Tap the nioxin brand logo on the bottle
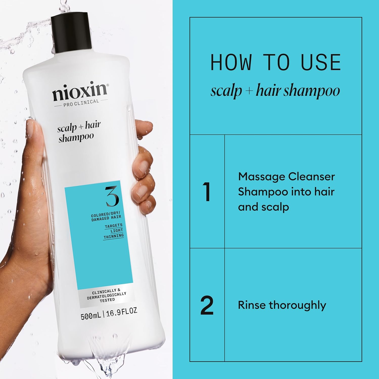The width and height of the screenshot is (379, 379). click(x=80, y=91)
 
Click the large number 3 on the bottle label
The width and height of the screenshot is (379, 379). click(x=112, y=196)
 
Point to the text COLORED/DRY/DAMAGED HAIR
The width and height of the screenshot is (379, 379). click(x=106, y=217)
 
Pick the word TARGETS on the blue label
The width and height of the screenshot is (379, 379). click(x=113, y=226)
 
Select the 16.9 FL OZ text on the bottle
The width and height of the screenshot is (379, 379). click(x=122, y=312)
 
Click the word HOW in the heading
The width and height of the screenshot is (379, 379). click(x=231, y=62)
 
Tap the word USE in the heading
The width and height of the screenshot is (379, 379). click(x=321, y=62)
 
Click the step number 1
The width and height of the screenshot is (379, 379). click(x=207, y=192)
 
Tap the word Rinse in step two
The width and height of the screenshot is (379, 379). click(x=252, y=305)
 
